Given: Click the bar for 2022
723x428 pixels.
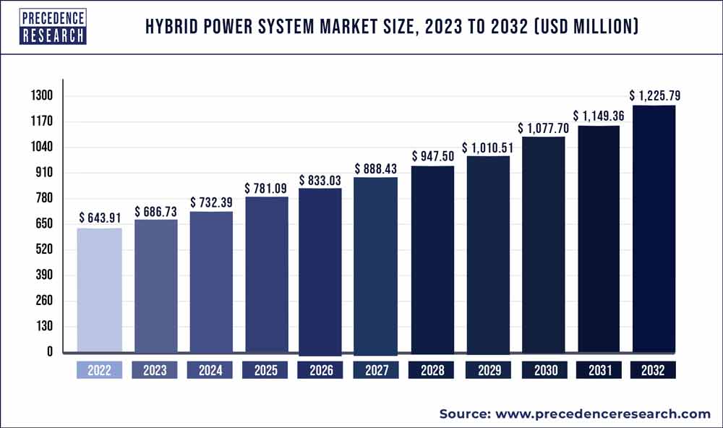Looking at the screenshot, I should [x=99, y=291].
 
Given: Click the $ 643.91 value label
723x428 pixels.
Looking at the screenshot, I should [x=99, y=216].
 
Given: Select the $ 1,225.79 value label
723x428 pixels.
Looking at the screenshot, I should [x=654, y=95].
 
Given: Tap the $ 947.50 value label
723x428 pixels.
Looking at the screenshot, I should [x=432, y=155].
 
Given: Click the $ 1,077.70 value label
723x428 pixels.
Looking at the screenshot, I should [x=544, y=128].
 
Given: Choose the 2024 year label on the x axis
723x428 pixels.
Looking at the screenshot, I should [x=210, y=370].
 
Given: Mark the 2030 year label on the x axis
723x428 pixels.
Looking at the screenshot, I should [x=544, y=370].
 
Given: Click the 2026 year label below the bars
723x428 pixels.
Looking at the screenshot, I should [x=321, y=370].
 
